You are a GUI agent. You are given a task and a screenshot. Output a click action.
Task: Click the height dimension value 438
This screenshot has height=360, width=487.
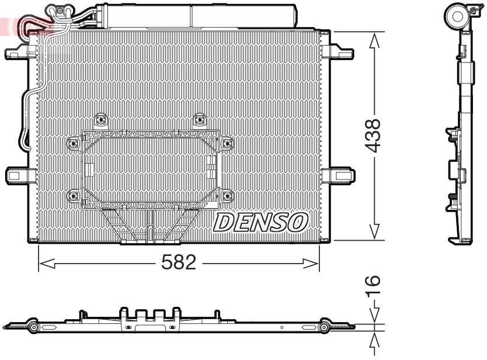pyautogui.click(x=374, y=136)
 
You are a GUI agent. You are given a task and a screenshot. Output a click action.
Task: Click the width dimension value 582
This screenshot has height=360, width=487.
pyautogui.click(x=179, y=263)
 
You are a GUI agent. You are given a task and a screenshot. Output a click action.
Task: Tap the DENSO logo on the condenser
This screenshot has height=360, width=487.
pyautogui.click(x=261, y=221)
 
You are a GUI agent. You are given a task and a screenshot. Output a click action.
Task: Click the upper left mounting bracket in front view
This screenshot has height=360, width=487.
pyautogui.click(x=18, y=54)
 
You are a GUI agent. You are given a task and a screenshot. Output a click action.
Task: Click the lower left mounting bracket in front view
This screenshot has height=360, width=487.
pyautogui.click(x=18, y=175)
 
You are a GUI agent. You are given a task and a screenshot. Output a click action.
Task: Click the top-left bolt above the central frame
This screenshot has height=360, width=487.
pyautogui.click(x=100, y=119)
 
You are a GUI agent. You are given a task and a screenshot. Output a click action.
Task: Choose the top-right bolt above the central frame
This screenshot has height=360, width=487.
pyautogui.click(x=200, y=119)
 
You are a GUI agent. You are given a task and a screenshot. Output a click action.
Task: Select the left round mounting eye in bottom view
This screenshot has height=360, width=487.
pyautogui.click(x=33, y=328)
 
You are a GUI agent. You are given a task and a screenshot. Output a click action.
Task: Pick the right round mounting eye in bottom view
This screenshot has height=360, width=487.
pyautogui.click(x=325, y=328)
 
